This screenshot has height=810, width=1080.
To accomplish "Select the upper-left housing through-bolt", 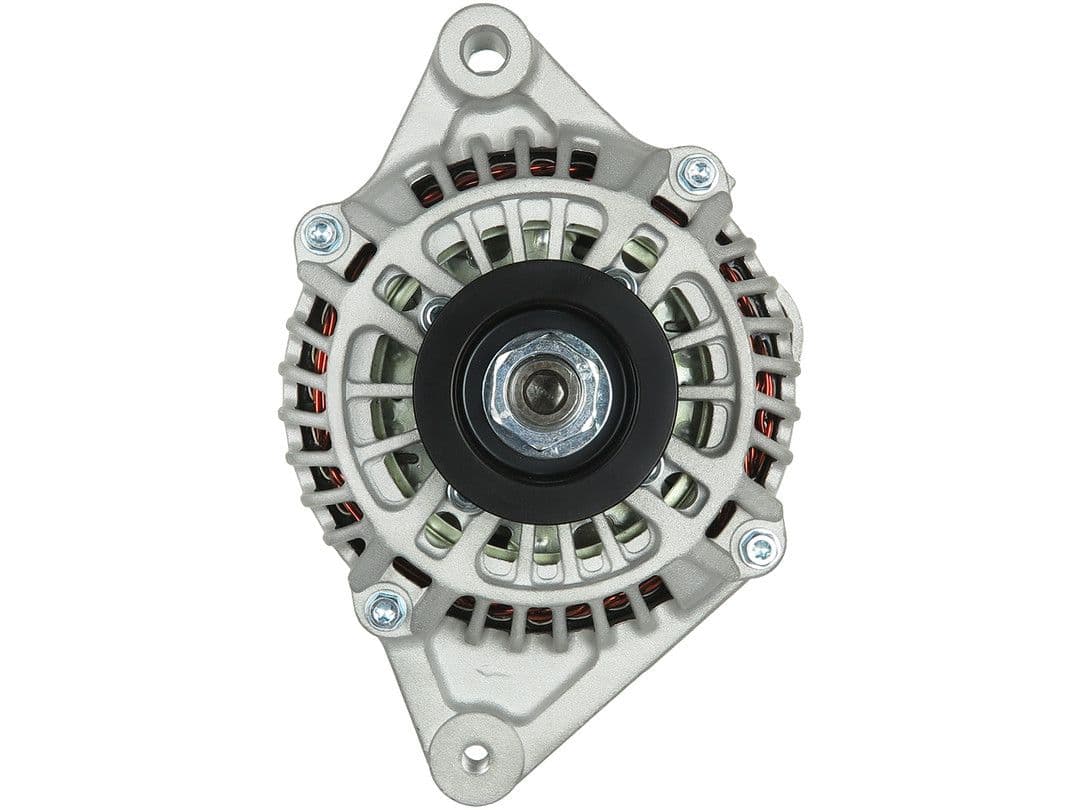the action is click(323, 234).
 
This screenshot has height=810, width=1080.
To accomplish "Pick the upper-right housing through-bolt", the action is click(697, 174).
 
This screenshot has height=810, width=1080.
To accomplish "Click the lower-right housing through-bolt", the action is click(759, 547).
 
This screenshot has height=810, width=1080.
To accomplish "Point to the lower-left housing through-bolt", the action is click(384, 609).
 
